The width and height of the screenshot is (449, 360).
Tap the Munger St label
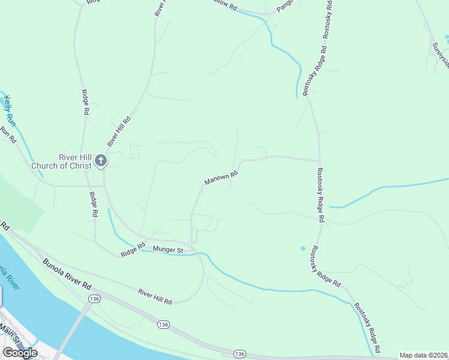click(167, 249)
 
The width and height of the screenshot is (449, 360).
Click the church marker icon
click(100, 161)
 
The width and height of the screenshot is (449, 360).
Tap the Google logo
click(20, 353)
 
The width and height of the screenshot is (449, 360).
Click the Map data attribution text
click(423, 355)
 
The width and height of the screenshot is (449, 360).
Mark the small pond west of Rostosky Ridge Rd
click(303, 248)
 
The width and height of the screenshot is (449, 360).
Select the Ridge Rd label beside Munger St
click(133, 250)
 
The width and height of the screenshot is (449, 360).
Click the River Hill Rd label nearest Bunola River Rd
click(155, 296)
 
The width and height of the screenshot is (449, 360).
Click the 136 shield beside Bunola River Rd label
click(93, 298)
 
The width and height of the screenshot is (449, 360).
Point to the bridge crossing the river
click(72, 329)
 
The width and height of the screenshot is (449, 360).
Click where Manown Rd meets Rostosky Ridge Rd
click(319, 161)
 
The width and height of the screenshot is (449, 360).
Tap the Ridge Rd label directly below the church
click(93, 204)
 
